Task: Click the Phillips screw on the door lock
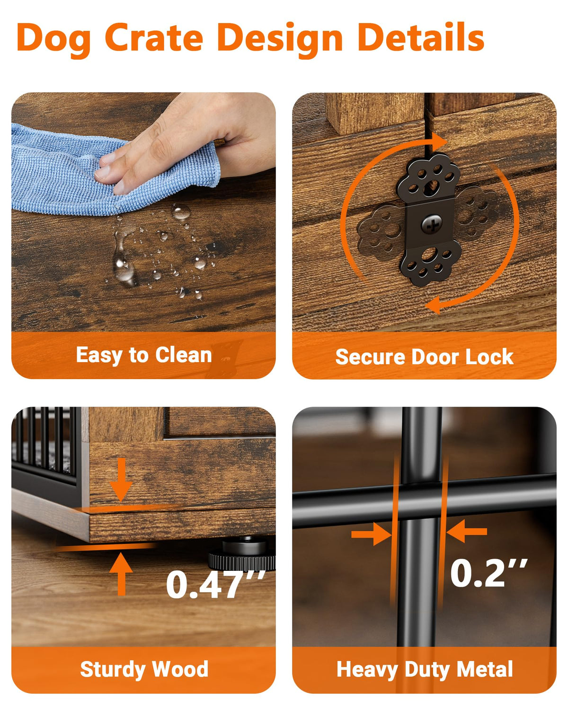coord(431,224)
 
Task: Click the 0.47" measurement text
coord(215,584)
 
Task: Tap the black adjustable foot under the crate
coord(242,554)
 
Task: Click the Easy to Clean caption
coord(144,355)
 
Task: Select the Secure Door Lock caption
coord(425,356)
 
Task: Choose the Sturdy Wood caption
coord(144,669)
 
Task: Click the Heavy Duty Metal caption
coord(425,669)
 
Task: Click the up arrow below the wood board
coord(121,574)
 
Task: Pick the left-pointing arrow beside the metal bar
coord(466,531)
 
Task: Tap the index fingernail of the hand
coord(103,173)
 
